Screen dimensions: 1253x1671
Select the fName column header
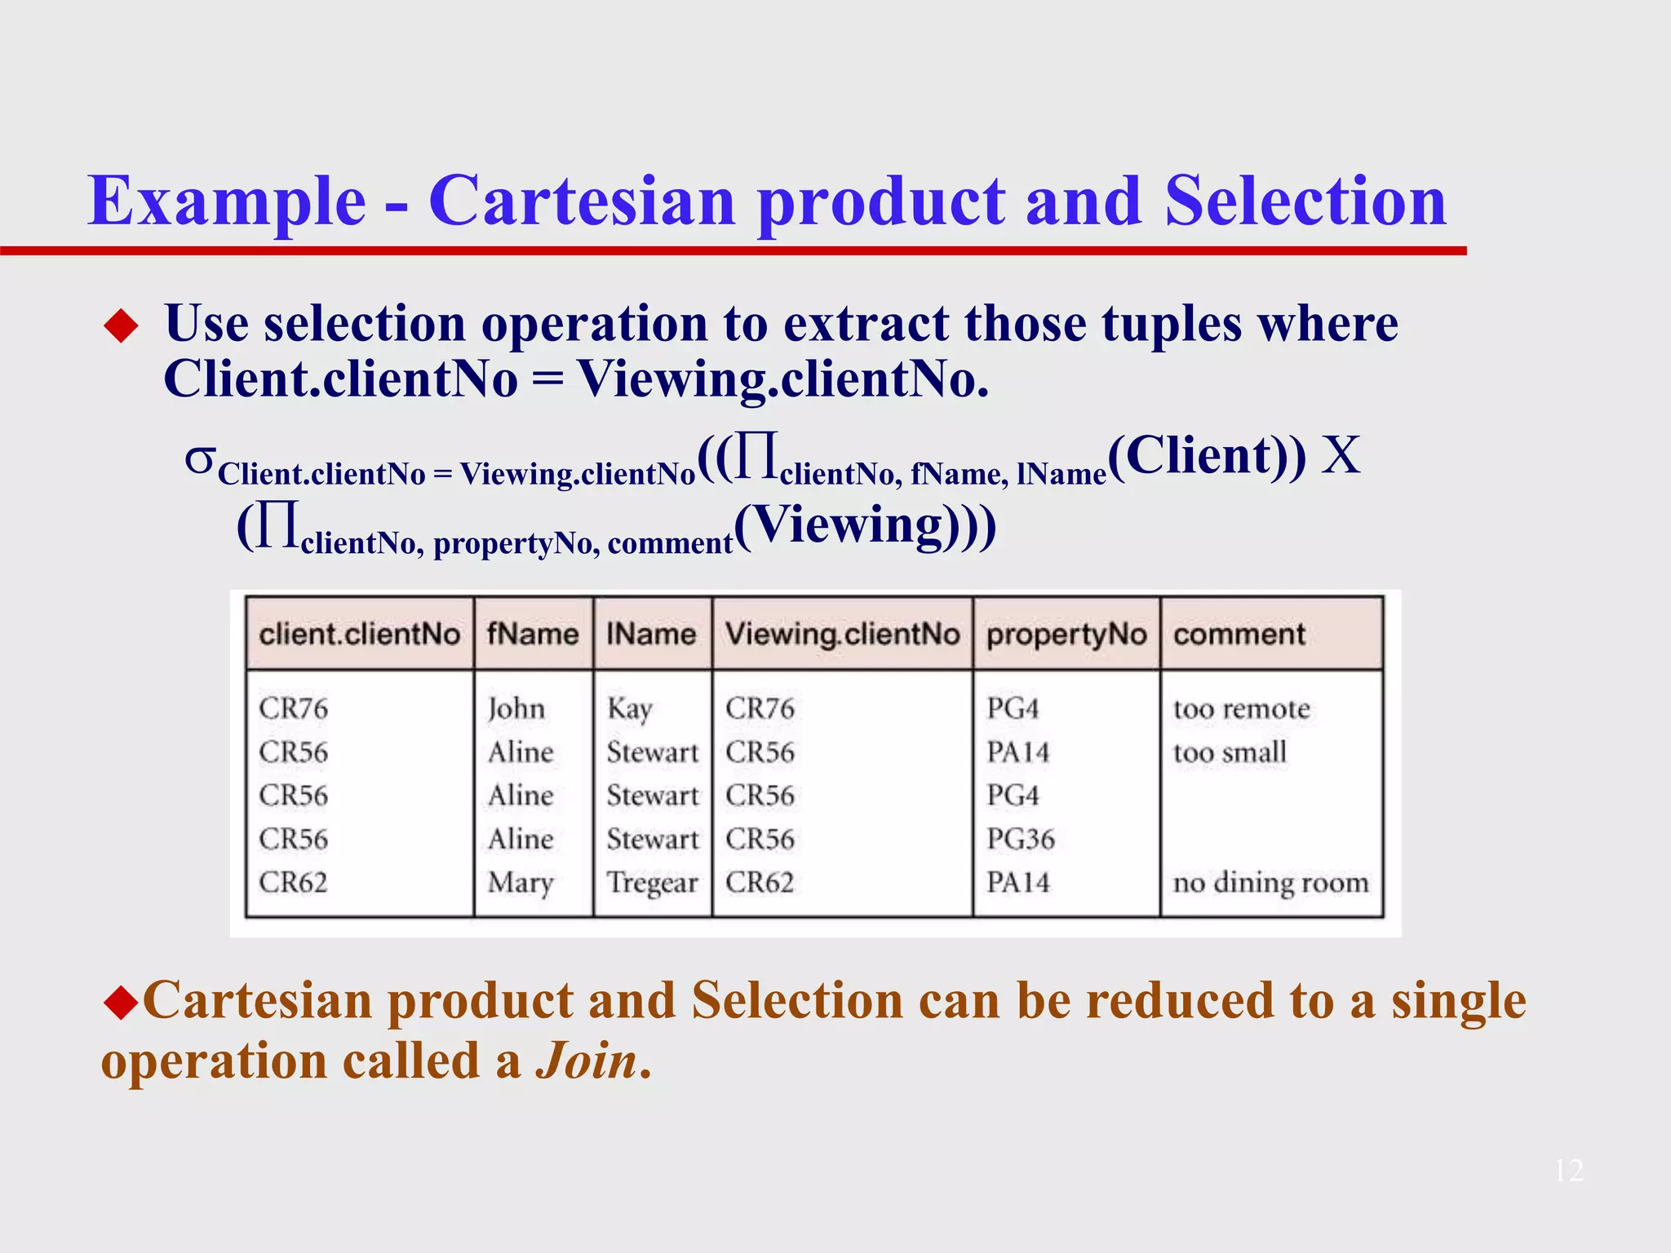[533, 634]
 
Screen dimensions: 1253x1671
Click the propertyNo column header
[1066, 634]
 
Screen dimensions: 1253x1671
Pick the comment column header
[1239, 634]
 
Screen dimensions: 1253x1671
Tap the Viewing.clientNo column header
[842, 634]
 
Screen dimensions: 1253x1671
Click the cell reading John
[516, 708]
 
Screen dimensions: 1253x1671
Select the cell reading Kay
[629, 708]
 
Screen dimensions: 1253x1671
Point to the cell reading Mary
[521, 883]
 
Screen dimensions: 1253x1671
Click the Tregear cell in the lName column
[652, 883]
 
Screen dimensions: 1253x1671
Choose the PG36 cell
[1020, 839]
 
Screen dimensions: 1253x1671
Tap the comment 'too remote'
[1241, 708]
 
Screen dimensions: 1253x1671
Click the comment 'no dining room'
[1270, 883]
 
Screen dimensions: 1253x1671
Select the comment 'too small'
[1230, 752]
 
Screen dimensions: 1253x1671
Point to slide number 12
[1568, 1171]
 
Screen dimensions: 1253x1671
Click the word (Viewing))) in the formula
[865, 526]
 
